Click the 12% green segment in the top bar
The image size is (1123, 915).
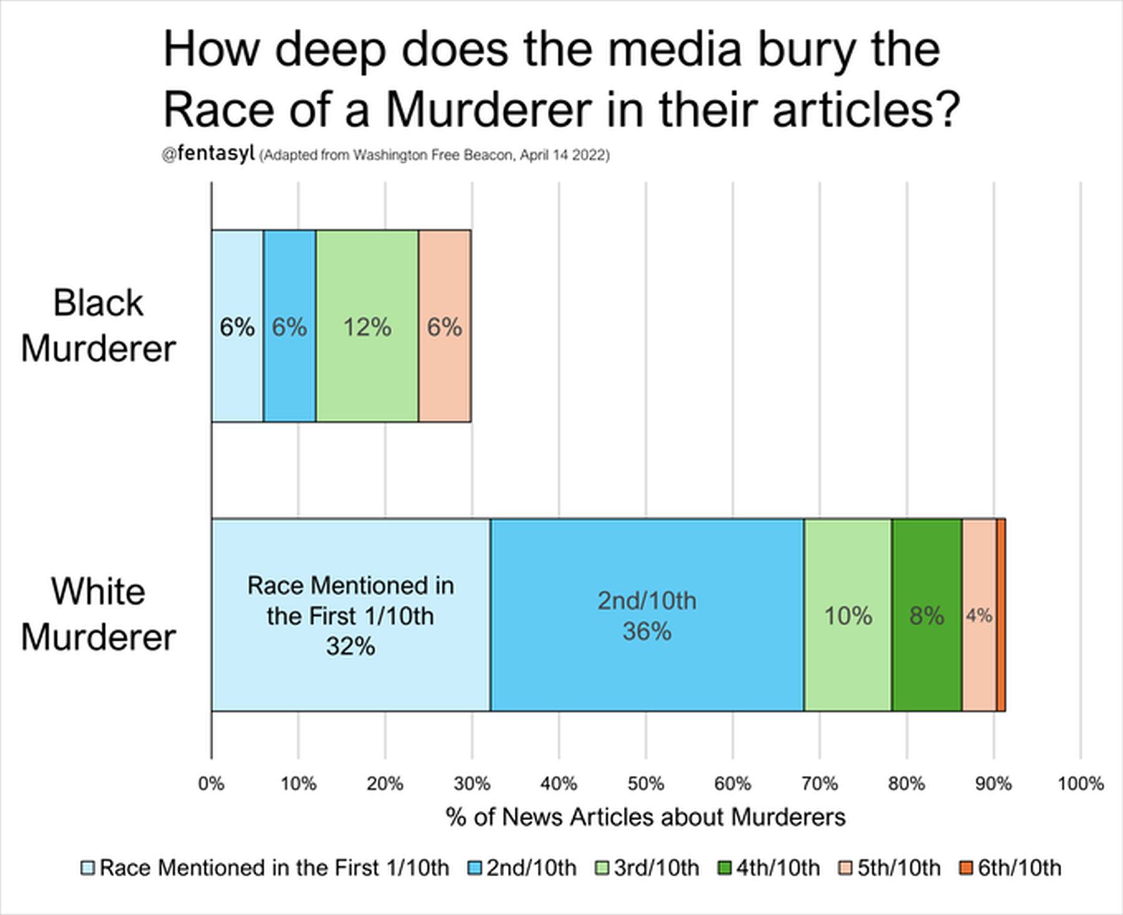[367, 326]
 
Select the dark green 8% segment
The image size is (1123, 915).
[926, 615]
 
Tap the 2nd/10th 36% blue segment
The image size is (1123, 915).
[647, 615]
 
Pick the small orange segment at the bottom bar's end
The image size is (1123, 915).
[1001, 615]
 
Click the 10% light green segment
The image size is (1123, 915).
[848, 615]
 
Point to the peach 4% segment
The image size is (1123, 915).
[979, 615]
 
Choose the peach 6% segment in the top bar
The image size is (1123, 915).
[444, 326]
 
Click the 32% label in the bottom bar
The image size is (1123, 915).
[351, 647]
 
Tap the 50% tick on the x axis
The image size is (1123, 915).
[646, 783]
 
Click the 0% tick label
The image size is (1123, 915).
[211, 783]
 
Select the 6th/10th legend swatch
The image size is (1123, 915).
[966, 868]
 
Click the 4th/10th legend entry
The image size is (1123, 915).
[769, 868]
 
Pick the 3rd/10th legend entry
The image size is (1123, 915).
[648, 868]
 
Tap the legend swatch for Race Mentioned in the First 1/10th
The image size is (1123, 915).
[88, 868]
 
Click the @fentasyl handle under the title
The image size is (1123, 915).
[208, 154]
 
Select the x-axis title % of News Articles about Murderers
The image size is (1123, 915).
[646, 817]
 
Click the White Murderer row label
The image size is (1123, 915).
[98, 614]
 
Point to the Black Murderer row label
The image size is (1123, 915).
[98, 325]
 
